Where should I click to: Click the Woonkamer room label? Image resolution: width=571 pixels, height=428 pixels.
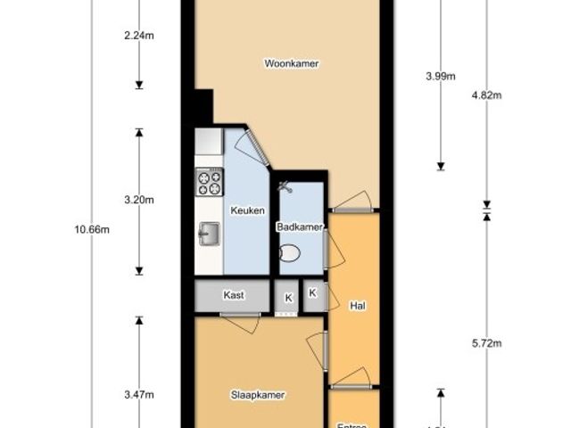point(292,63)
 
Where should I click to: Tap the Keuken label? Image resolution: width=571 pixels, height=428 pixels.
point(247,210)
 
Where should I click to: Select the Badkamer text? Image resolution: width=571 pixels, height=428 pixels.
point(299,227)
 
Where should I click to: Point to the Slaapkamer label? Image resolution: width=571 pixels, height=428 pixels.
point(257,393)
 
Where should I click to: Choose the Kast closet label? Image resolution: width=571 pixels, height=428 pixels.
point(235,295)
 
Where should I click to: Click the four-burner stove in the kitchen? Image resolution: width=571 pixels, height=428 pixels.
point(209,183)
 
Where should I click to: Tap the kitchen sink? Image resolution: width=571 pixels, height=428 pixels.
point(209,234)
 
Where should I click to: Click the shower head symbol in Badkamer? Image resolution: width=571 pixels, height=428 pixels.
point(285,187)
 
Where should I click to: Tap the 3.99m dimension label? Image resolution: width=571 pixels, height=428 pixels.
point(441,76)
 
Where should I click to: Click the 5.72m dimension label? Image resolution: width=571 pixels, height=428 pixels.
point(486,342)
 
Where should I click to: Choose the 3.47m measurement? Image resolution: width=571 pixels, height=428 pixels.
point(139,393)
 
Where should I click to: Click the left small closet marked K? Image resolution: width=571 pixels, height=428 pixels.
point(287,297)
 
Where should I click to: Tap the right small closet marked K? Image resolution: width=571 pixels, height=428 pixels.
point(313,292)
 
